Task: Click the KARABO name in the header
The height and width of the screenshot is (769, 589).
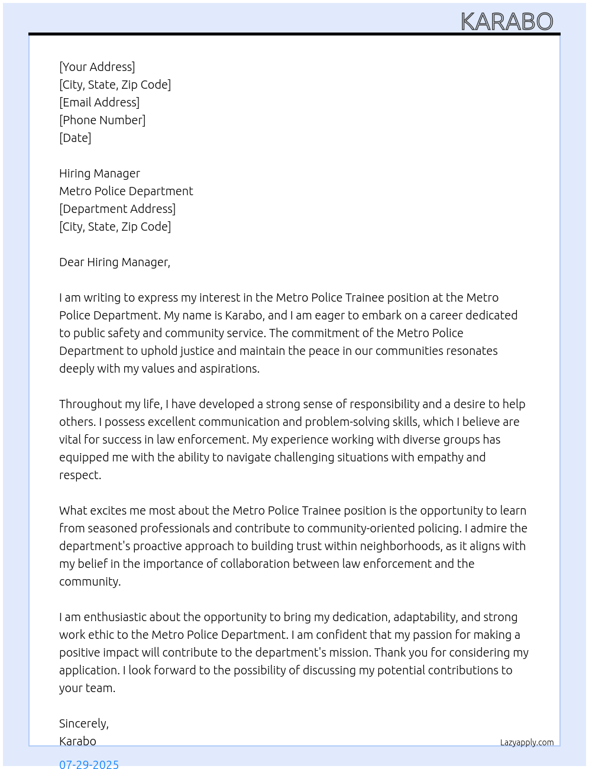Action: point(507,22)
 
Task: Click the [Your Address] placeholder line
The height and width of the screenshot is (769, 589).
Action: point(97,67)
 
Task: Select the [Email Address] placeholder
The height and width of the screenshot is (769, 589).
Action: point(99,102)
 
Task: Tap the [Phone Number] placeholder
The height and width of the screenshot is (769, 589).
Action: point(102,120)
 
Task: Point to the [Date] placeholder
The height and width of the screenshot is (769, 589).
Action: point(75,138)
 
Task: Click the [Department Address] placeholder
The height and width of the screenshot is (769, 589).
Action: point(117,209)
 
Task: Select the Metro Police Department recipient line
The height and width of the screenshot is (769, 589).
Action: point(126,191)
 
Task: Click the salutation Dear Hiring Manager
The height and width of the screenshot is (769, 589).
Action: point(114,262)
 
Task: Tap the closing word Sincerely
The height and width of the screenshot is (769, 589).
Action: point(83,723)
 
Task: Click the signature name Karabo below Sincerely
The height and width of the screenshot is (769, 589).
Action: point(77,741)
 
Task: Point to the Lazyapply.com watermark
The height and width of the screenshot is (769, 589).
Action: point(527,742)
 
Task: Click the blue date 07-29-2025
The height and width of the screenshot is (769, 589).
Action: point(89,764)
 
